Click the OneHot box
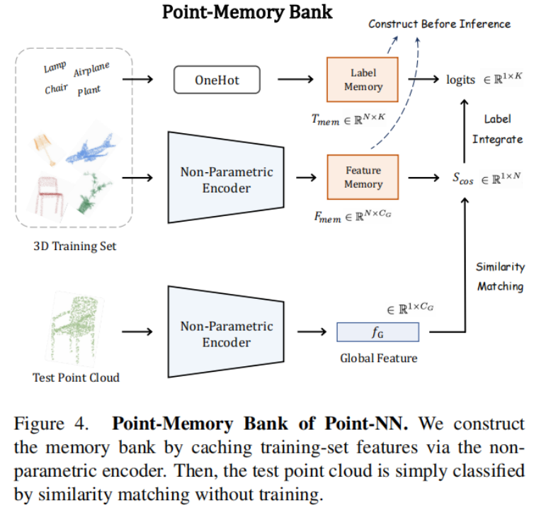tap(217, 79)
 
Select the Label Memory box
tap(363, 79)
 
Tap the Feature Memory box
tap(363, 177)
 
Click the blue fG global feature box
tap(377, 331)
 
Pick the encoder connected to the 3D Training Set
tap(225, 177)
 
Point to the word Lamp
tap(55, 67)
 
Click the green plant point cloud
tap(93, 191)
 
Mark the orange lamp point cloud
tap(44, 149)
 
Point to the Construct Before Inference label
tap(439, 24)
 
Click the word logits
tap(460, 79)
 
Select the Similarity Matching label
tap(500, 276)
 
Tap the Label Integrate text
tap(497, 130)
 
